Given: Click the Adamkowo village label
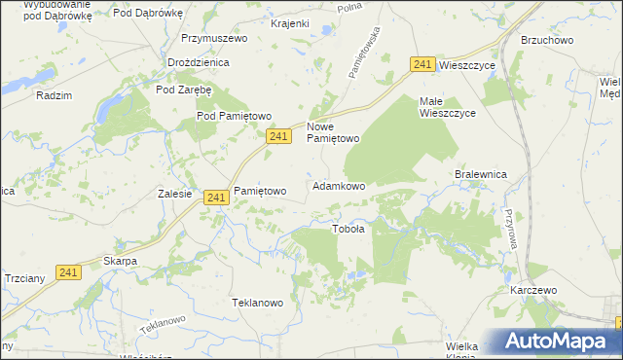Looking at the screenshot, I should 339,185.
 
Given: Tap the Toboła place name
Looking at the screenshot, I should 348,230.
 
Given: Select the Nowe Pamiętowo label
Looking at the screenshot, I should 334,132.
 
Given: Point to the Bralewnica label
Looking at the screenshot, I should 482,174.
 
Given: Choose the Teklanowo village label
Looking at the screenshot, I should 257,303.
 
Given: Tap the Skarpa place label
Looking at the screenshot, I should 120,262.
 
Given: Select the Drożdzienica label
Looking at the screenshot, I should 198,62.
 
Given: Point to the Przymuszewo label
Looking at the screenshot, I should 215,38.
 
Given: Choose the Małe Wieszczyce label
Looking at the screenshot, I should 447,107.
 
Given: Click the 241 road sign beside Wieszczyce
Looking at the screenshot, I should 421,64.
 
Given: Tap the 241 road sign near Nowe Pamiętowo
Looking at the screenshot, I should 278,137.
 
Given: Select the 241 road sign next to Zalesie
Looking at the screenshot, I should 216,198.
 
